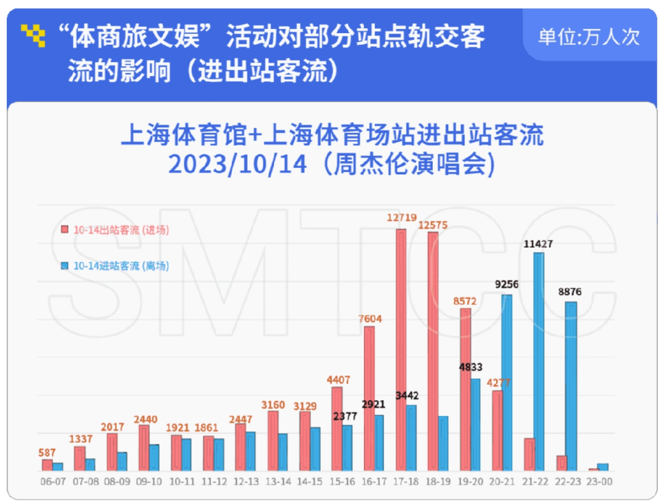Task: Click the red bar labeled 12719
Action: click(x=401, y=350)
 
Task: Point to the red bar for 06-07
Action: click(x=47, y=465)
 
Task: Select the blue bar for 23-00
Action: click(x=603, y=467)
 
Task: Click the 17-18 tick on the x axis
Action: click(x=406, y=482)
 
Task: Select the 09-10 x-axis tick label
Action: click(x=148, y=482)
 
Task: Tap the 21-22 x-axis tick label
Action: click(x=535, y=482)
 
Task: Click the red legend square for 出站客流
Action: click(x=64, y=230)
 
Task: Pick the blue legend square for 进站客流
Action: click(x=64, y=266)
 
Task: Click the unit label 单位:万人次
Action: click(x=589, y=36)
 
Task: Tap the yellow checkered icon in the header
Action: click(x=34, y=36)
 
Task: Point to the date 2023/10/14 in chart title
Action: click(x=237, y=164)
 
